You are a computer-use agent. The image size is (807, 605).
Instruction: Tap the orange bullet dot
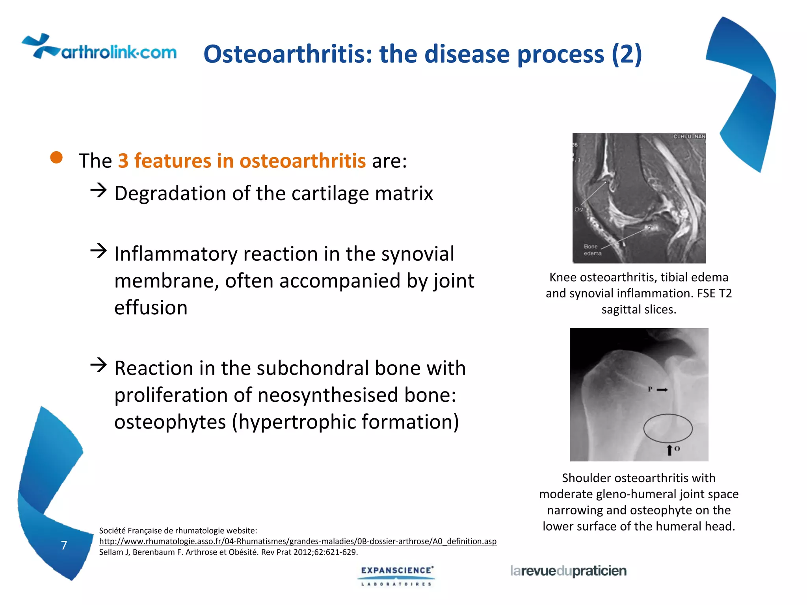(57, 158)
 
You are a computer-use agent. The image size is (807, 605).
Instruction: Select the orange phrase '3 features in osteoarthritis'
(242, 161)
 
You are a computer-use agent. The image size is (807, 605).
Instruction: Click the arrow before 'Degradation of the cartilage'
(99, 190)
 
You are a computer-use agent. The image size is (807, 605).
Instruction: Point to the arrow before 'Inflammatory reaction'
(99, 251)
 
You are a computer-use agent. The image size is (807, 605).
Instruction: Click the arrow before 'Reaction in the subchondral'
(99, 365)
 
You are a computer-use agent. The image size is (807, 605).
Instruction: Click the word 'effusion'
(151, 308)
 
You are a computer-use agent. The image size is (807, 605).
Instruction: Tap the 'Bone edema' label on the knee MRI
(592, 250)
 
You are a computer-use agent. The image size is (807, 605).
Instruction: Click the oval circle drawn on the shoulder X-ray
(668, 428)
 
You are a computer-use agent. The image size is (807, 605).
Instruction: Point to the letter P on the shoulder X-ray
(650, 389)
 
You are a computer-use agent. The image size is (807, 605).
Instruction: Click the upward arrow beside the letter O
(669, 450)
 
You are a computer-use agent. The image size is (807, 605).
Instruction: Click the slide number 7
(64, 545)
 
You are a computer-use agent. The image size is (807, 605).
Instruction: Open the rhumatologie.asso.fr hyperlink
(298, 541)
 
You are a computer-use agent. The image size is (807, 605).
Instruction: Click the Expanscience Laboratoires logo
(397, 575)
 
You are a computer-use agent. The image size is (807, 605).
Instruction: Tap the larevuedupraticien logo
(568, 571)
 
